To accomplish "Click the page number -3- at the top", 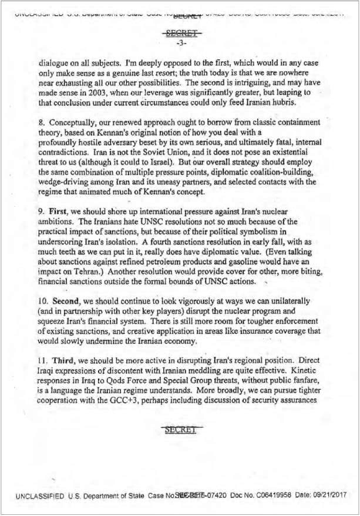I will click(x=180, y=43).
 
